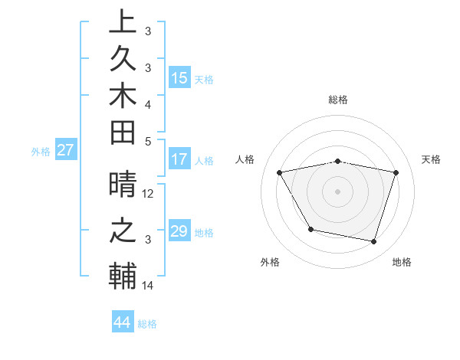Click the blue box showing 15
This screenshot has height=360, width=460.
[x=179, y=78]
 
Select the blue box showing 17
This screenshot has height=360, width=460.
[x=179, y=160]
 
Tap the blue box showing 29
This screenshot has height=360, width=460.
[x=179, y=231]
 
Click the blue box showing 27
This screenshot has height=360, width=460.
[x=65, y=150]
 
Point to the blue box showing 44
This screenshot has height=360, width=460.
[x=122, y=322]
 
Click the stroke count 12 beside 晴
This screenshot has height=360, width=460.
[x=149, y=194]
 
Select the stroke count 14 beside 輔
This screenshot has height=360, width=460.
[x=149, y=286]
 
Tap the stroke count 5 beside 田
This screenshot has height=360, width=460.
[x=149, y=140]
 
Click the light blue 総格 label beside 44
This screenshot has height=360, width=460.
[x=147, y=324]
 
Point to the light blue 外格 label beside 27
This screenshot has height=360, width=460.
[x=41, y=152]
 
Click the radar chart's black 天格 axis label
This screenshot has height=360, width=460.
[x=432, y=159]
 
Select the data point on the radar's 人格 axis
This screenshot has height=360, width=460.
[x=280, y=173]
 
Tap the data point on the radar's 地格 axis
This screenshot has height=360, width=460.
[x=373, y=242]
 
